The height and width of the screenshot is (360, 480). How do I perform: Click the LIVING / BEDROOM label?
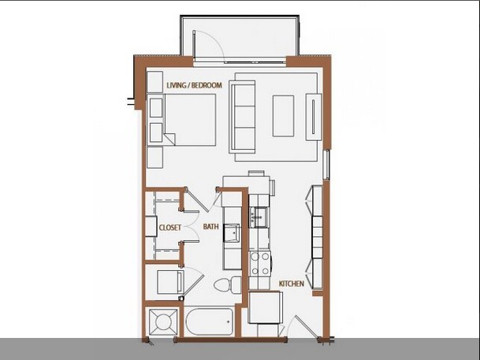tap(194, 85)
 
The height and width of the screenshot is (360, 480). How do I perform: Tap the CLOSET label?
tap(170, 228)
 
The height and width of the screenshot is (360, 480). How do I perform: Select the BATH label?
tap(211, 227)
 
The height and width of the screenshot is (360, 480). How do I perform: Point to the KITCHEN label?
tap(292, 284)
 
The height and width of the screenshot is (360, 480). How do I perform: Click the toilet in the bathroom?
tap(227, 284)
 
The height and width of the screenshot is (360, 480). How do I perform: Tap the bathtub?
tap(209, 321)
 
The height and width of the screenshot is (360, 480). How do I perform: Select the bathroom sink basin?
tap(231, 232)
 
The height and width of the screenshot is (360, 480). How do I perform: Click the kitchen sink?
tap(259, 217)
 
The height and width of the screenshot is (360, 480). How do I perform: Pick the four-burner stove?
tap(260, 263)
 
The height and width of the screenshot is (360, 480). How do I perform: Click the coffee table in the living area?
tap(283, 116)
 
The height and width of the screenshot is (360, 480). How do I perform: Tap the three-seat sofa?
tap(242, 117)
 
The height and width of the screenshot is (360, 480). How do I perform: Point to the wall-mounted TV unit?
tap(314, 117)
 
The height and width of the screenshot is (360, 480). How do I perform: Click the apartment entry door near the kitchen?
tap(304, 327)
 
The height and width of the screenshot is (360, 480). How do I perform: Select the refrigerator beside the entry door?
tap(265, 307)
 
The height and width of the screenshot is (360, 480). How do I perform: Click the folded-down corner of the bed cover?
tap(169, 139)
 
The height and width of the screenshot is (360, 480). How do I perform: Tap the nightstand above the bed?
tap(155, 82)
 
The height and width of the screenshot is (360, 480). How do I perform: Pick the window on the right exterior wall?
tap(326, 165)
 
